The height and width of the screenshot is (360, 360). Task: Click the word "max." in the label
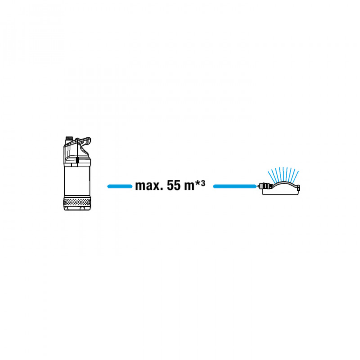pos(149,186)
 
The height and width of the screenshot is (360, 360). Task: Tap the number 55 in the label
pos(174,185)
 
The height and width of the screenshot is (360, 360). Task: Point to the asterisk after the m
pos(198,183)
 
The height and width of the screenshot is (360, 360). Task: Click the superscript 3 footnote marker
pos(203,184)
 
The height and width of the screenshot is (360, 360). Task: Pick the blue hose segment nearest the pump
pos(120,186)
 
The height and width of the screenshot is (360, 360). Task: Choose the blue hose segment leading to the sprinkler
pos(234,186)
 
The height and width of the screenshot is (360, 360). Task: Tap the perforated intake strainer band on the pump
pos(77,202)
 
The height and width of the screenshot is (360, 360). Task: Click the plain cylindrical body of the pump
pos(77,181)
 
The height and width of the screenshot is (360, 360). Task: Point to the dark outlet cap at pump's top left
pos(69,138)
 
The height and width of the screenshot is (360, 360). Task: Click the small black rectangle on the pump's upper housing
pos(77,160)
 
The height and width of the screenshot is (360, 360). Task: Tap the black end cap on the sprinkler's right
pos(298,189)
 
